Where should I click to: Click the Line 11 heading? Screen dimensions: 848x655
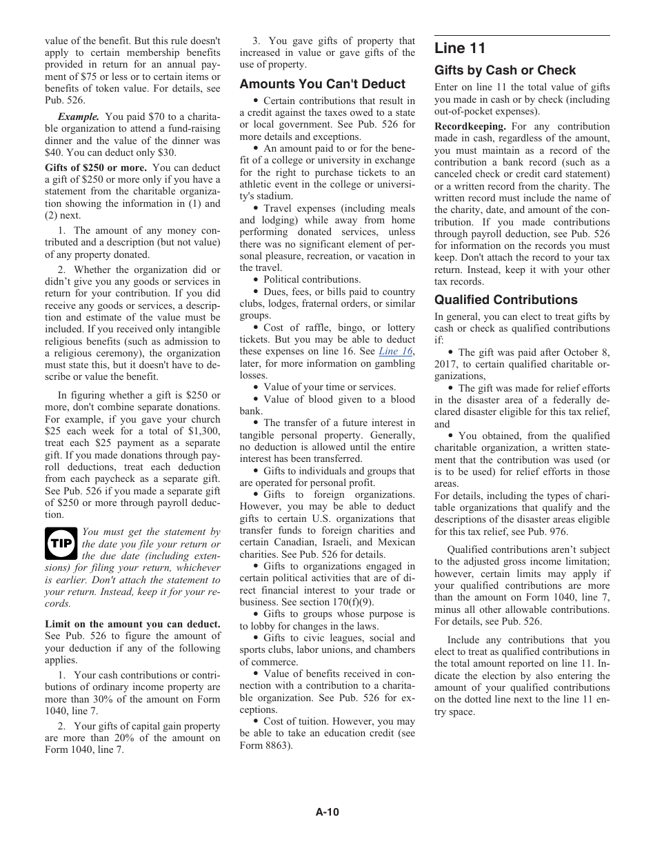[460, 48]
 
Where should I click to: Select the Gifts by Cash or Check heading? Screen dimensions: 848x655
[505, 70]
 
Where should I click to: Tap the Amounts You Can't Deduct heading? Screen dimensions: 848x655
[322, 84]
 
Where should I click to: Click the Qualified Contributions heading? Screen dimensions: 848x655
[505, 300]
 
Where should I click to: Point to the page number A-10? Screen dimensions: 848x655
[327, 812]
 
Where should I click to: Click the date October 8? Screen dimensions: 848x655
[585, 352]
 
